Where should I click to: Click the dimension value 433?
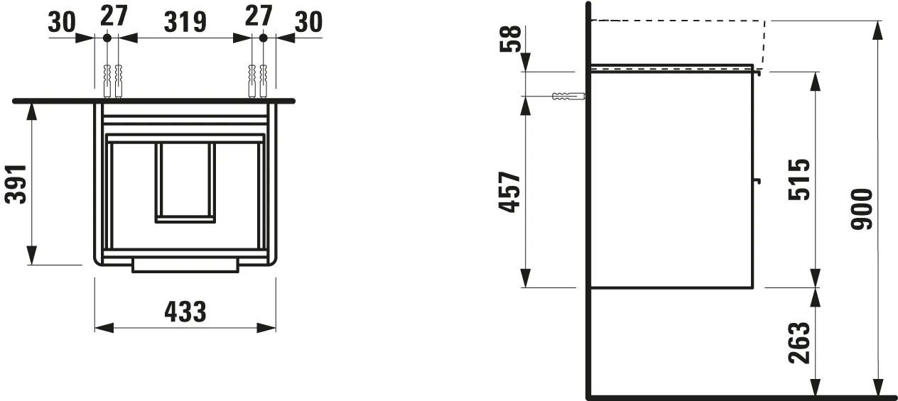click(x=185, y=312)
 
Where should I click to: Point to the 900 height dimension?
click(x=862, y=209)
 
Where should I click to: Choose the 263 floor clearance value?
click(x=799, y=342)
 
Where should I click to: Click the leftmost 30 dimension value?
click(x=63, y=21)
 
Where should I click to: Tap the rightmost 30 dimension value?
click(x=308, y=21)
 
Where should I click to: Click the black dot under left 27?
click(x=107, y=37)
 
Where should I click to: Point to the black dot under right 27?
click(x=262, y=37)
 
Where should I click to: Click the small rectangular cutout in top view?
click(x=185, y=182)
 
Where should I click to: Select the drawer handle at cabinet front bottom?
click(x=185, y=265)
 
